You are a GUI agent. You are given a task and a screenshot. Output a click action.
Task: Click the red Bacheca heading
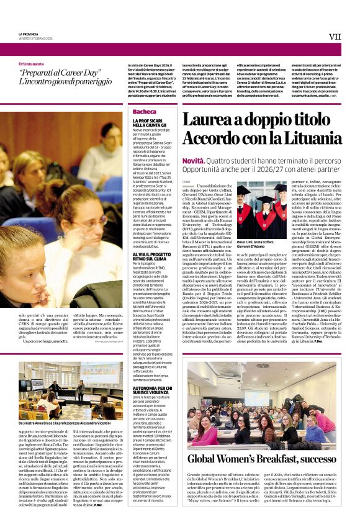[x=145, y=112]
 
